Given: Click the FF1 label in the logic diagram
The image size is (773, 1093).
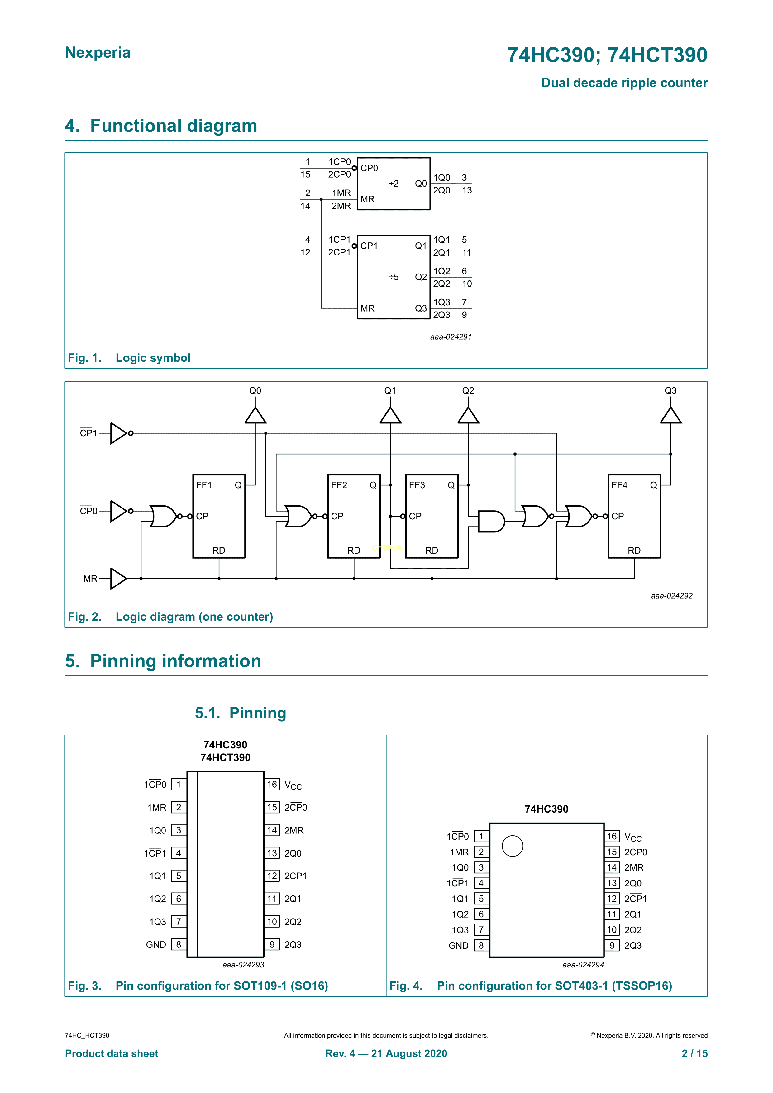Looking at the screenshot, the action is (204, 485).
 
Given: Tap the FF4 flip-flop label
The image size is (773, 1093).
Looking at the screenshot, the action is (619, 485).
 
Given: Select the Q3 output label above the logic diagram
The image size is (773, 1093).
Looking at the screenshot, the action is (671, 390).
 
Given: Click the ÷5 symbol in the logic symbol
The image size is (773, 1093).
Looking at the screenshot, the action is (394, 277).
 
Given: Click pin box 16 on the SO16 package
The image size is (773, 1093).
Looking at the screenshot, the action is (272, 785).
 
